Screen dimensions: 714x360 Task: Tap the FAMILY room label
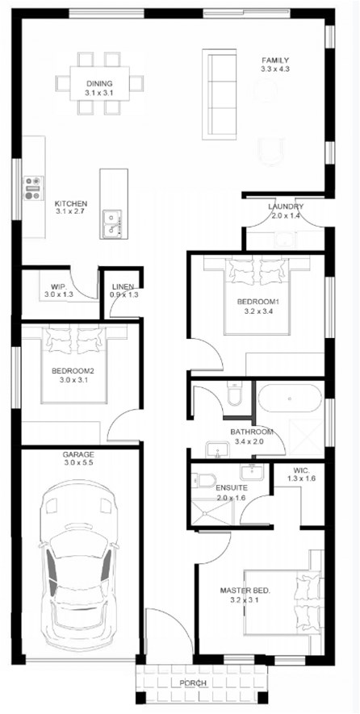click(274, 61)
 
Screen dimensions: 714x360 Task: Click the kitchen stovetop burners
click(33, 188)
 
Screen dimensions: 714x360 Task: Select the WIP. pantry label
click(57, 287)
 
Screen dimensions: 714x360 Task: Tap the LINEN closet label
click(123, 287)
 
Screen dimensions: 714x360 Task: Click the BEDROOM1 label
click(257, 302)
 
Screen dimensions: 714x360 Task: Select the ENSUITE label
click(231, 489)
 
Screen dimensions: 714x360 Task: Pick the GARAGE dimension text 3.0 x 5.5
click(78, 464)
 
